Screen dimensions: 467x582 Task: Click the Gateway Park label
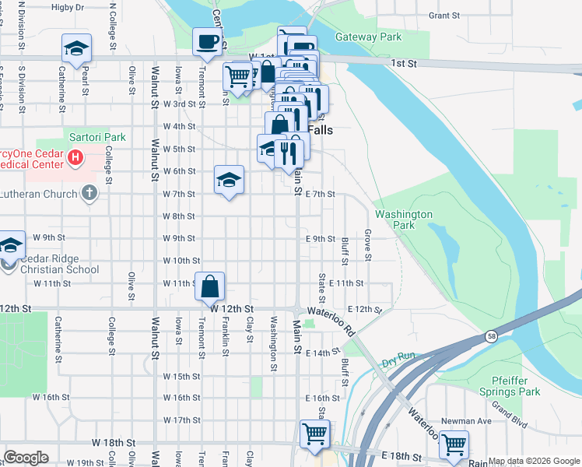[x=368, y=37]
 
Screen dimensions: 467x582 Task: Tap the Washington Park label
[x=403, y=219]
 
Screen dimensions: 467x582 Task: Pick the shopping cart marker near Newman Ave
[x=453, y=444]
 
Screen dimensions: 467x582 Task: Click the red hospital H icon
[x=75, y=158]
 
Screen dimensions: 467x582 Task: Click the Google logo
[x=26, y=457]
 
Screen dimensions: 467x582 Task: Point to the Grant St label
[x=444, y=15]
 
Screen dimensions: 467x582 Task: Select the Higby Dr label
[x=67, y=8]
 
